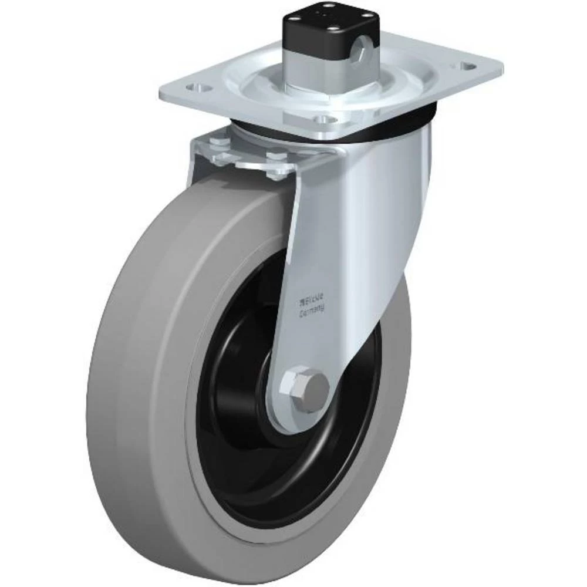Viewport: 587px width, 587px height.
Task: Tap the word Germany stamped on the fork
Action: (313, 313)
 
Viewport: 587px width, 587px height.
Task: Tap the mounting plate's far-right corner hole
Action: (468, 67)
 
